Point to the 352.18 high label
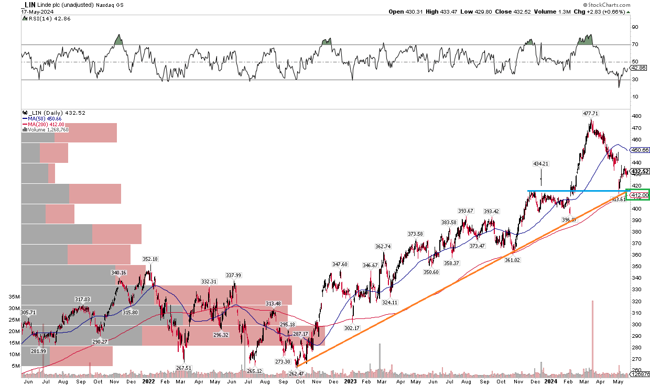point(150,259)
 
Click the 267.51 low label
point(183,368)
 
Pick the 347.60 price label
point(340,264)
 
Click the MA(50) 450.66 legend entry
point(45,118)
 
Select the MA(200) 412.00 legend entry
point(46,124)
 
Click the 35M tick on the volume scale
point(14,296)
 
